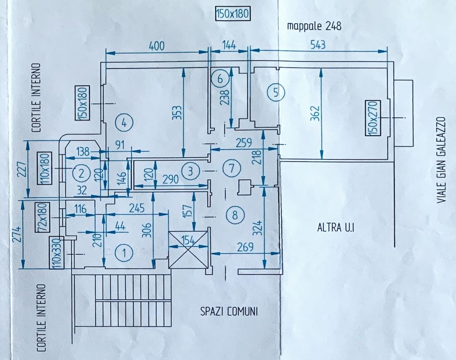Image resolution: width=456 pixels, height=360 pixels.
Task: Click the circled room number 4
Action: click(x=124, y=123)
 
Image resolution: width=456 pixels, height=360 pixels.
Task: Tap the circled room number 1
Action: click(x=124, y=253)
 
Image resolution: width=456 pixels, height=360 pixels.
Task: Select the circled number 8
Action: click(x=235, y=215)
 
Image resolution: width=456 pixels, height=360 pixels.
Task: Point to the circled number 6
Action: click(x=220, y=79)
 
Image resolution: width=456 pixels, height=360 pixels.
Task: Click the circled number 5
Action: click(x=276, y=92)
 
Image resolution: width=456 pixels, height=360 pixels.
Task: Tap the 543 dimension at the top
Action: click(x=318, y=45)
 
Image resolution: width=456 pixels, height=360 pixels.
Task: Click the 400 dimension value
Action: click(x=157, y=46)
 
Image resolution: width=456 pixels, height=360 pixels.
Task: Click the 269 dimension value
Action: click(x=245, y=247)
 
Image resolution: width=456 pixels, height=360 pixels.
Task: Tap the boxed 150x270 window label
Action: click(x=373, y=118)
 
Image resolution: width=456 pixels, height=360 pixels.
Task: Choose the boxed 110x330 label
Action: click(x=57, y=253)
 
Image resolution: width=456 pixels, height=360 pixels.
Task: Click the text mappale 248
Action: click(x=314, y=26)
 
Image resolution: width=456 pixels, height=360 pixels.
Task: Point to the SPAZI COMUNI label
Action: click(x=229, y=312)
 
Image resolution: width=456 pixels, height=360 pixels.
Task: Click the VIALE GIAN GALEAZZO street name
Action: click(x=442, y=160)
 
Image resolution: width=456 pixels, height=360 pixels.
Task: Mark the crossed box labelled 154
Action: click(x=188, y=250)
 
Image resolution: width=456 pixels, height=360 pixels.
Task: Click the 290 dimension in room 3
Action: click(x=170, y=179)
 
